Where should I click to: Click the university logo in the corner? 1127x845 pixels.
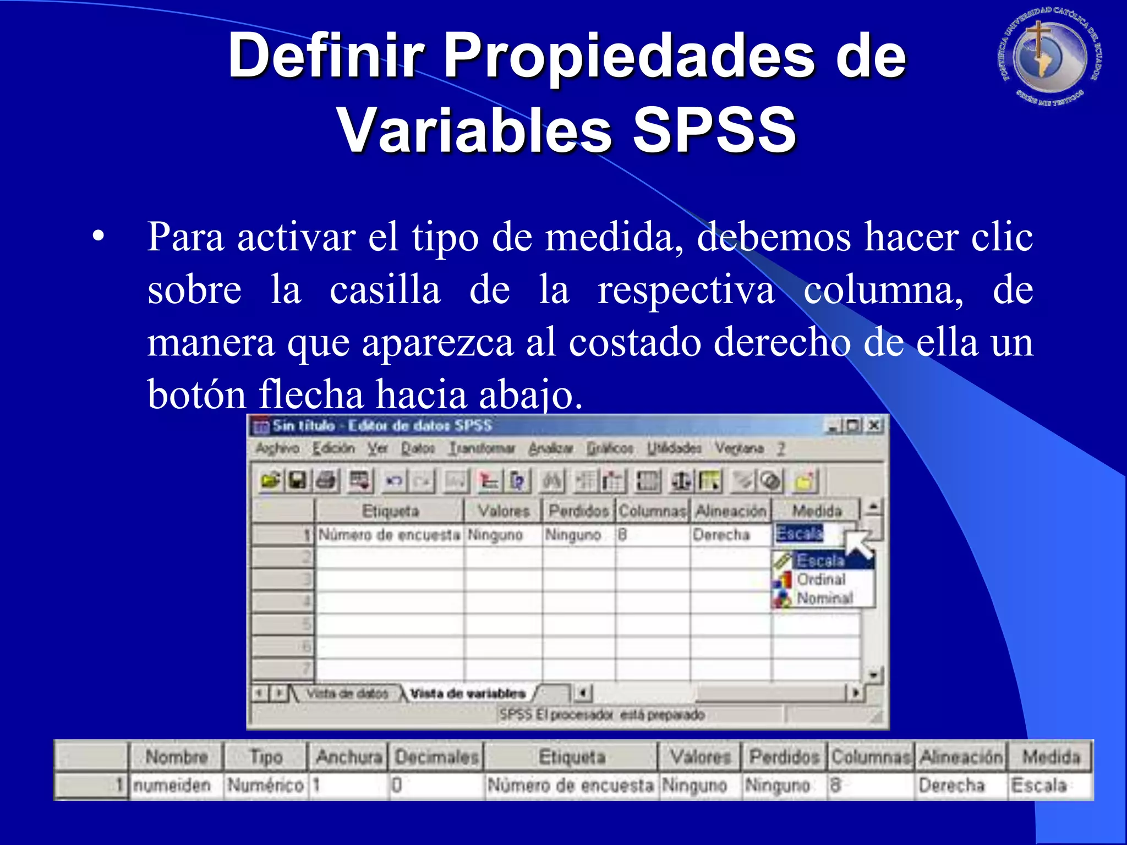pyautogui.click(x=1050, y=57)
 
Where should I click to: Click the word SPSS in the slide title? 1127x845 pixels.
pyautogui.click(x=714, y=130)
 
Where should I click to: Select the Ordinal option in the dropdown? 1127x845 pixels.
pyautogui.click(x=821, y=579)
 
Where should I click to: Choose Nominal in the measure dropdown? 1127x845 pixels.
pyautogui.click(x=824, y=598)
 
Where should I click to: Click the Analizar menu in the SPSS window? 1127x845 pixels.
pyautogui.click(x=550, y=449)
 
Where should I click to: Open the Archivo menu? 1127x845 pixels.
pyautogui.click(x=277, y=449)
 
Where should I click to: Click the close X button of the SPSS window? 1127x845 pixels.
pyautogui.click(x=874, y=425)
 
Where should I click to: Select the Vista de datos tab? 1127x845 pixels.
pyautogui.click(x=347, y=693)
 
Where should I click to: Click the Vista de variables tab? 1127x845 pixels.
pyautogui.click(x=467, y=693)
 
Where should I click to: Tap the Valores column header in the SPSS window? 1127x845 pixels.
pyautogui.click(x=503, y=511)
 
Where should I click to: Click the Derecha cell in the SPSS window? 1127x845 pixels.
pyautogui.click(x=721, y=535)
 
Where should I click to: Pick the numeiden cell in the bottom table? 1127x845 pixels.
pyautogui.click(x=172, y=785)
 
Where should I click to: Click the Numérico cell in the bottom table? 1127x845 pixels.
pyautogui.click(x=265, y=785)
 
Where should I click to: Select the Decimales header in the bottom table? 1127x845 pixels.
pyautogui.click(x=437, y=757)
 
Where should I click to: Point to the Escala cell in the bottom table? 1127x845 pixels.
pyautogui.click(x=1038, y=785)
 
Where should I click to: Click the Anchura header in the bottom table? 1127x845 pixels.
pyautogui.click(x=348, y=757)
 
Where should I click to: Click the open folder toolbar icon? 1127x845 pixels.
pyautogui.click(x=270, y=481)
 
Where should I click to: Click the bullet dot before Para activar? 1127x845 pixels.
pyautogui.click(x=98, y=238)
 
